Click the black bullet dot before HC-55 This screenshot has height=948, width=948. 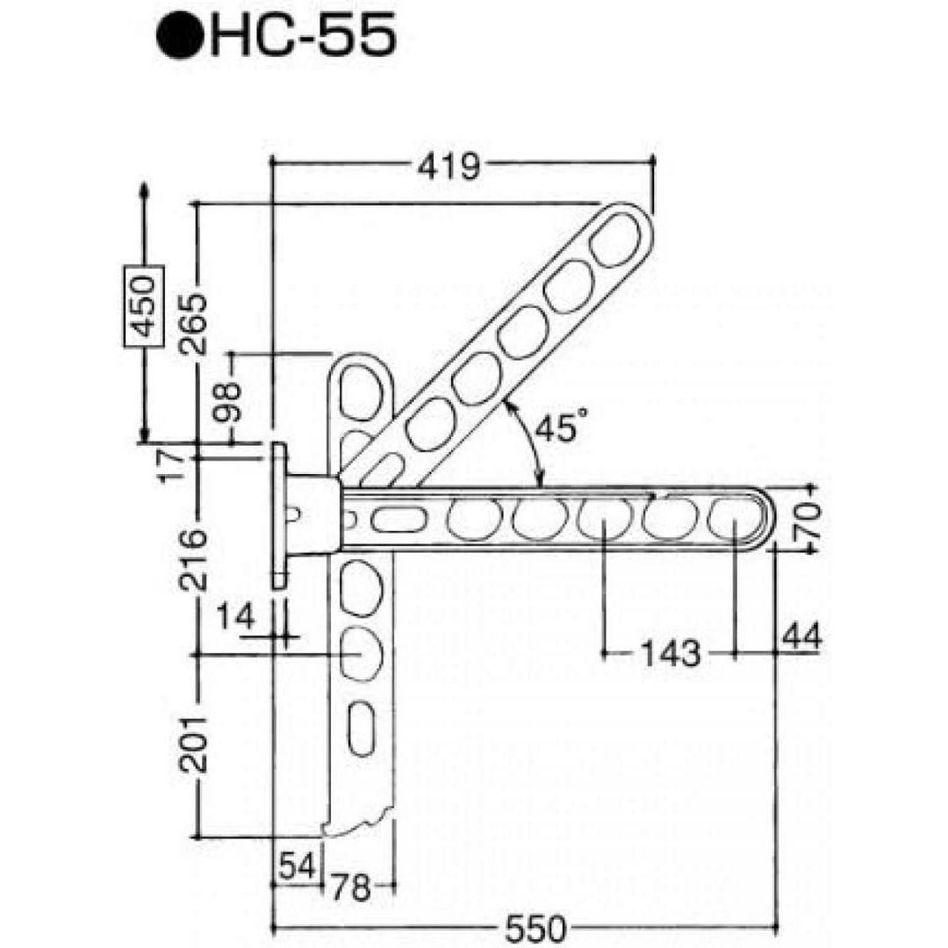tap(179, 36)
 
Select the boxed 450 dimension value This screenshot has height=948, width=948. tap(144, 306)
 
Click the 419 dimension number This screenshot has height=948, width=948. tap(449, 166)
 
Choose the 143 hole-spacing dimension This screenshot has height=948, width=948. tap(670, 653)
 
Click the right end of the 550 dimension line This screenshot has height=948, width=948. tap(776, 926)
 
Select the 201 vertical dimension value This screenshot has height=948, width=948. tap(193, 745)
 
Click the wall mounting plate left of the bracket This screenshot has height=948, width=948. tap(278, 515)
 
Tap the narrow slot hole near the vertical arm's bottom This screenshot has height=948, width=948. tap(361, 728)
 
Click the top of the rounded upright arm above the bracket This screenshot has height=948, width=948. tap(361, 356)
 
